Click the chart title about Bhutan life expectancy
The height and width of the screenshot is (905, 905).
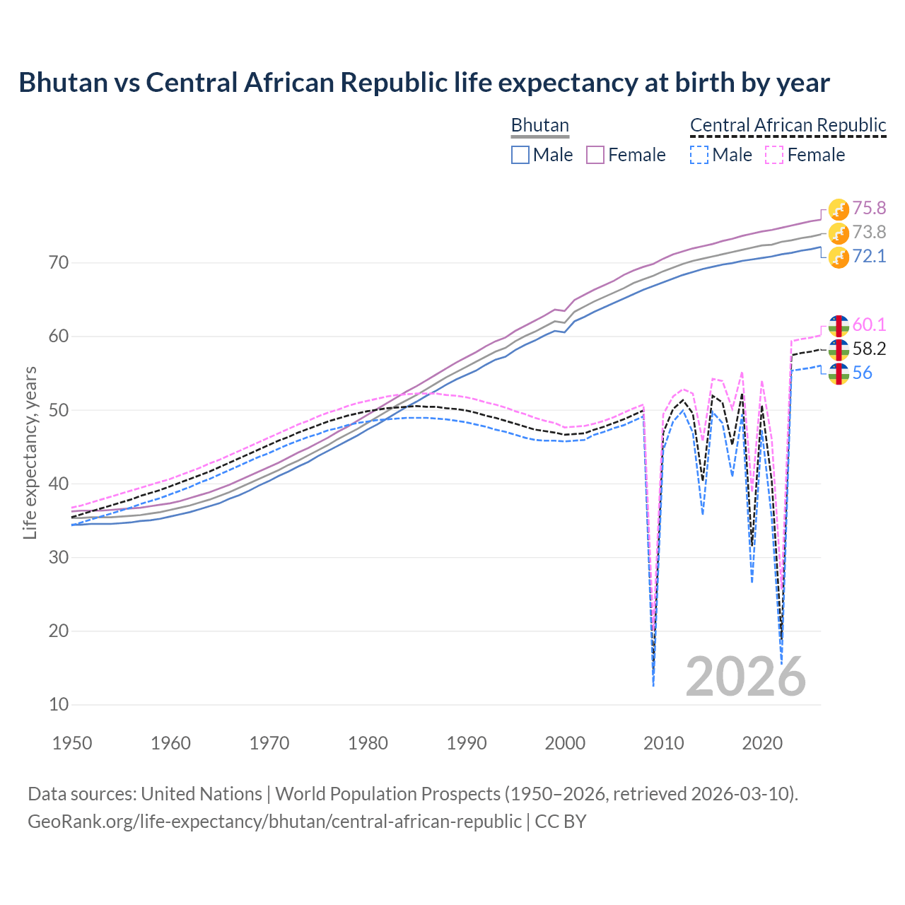pyautogui.click(x=424, y=83)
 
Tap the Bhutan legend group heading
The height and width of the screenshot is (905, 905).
pyautogui.click(x=539, y=125)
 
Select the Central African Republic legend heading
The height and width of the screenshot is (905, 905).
pyautogui.click(x=788, y=125)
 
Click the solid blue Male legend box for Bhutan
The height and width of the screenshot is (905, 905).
pyautogui.click(x=520, y=155)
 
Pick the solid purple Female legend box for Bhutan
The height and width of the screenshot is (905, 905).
pyautogui.click(x=595, y=155)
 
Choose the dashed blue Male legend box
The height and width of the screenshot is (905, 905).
pyautogui.click(x=699, y=155)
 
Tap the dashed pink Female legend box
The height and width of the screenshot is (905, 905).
pyautogui.click(x=774, y=155)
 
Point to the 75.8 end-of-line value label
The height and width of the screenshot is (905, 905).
pyautogui.click(x=869, y=208)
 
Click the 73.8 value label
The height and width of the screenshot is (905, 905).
pyautogui.click(x=869, y=232)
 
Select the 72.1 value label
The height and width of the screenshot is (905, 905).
pyautogui.click(x=869, y=256)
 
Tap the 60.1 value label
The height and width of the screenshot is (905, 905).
pyautogui.click(x=869, y=325)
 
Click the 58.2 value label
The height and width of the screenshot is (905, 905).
pyautogui.click(x=869, y=349)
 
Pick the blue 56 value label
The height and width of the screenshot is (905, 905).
pyautogui.click(x=862, y=373)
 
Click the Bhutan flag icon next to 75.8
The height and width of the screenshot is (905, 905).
pyautogui.click(x=839, y=209)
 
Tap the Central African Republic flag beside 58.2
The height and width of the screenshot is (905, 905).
pyautogui.click(x=839, y=349)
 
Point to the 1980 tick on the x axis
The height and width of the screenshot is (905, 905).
pyautogui.click(x=368, y=743)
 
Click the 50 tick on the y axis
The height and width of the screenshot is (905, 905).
pyautogui.click(x=59, y=410)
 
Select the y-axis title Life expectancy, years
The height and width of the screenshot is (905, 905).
pyautogui.click(x=30, y=452)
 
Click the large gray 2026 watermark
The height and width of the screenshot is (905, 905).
pyautogui.click(x=745, y=677)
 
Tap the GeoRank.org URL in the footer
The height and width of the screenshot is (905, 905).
pyautogui.click(x=274, y=822)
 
